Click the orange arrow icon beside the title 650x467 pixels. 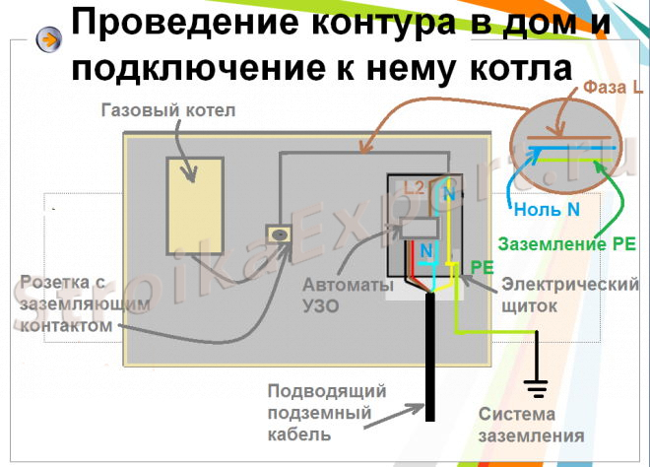click(46, 39)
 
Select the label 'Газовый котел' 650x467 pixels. click(168, 110)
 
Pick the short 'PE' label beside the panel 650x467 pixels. click(482, 266)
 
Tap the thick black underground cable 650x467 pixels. click(429, 365)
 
